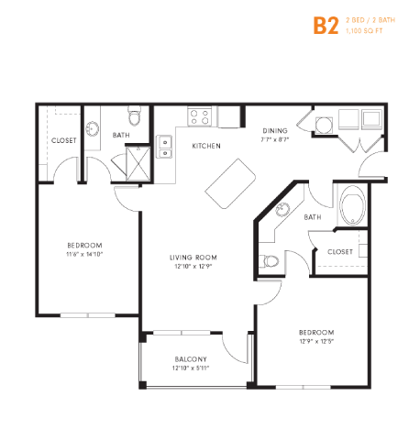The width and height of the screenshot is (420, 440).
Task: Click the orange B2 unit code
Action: pos(326,25)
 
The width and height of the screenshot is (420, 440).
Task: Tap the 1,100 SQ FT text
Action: pos(365,32)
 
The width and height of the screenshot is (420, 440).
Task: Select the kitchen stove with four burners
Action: pos(201,116)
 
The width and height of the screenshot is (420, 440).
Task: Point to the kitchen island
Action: pos(229,183)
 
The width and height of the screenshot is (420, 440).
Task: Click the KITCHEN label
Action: pos(204,146)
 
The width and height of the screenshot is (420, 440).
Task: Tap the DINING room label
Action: pos(275,131)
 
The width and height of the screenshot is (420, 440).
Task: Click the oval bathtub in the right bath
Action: pos(352,207)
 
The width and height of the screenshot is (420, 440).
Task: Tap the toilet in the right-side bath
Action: pos(269,260)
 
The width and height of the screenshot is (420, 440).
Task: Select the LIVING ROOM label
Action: pos(193,258)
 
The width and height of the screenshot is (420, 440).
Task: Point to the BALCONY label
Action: pos(191,358)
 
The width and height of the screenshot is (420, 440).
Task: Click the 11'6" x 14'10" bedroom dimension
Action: pos(83,254)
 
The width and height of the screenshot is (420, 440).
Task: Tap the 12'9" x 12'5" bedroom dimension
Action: pos(315,341)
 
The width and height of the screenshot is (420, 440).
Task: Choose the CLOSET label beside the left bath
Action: pos(63,140)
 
